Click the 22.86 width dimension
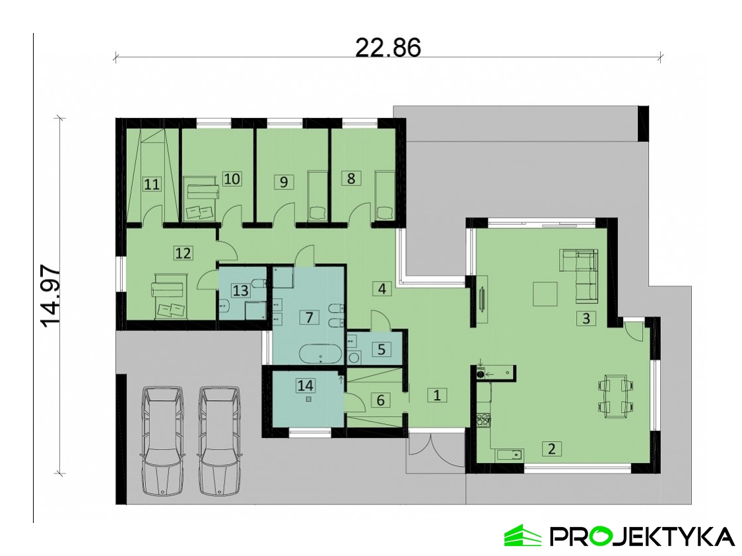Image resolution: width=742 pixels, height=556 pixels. pyautogui.click(x=388, y=47)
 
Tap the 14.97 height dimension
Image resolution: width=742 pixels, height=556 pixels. pyautogui.click(x=51, y=296)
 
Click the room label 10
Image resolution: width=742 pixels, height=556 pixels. pyautogui.click(x=232, y=179)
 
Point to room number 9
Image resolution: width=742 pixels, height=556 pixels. pyautogui.click(x=283, y=181)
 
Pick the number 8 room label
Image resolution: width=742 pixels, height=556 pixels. pyautogui.click(x=351, y=178)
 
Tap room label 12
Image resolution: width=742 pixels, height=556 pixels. pyautogui.click(x=183, y=253)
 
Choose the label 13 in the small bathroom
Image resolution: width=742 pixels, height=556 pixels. pyautogui.click(x=240, y=290)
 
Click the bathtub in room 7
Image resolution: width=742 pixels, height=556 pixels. pyautogui.click(x=321, y=354)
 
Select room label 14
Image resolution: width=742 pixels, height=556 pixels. pyautogui.click(x=305, y=385)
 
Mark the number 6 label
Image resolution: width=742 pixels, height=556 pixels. pyautogui.click(x=380, y=400)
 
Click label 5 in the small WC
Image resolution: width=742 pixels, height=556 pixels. pyautogui.click(x=382, y=350)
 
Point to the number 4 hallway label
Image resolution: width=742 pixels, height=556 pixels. pyautogui.click(x=382, y=288)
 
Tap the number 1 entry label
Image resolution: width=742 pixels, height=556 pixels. pyautogui.click(x=437, y=394)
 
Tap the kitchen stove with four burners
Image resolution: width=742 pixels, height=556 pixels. pyautogui.click(x=483, y=420)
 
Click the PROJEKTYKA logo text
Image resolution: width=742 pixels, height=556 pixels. pyautogui.click(x=642, y=537)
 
